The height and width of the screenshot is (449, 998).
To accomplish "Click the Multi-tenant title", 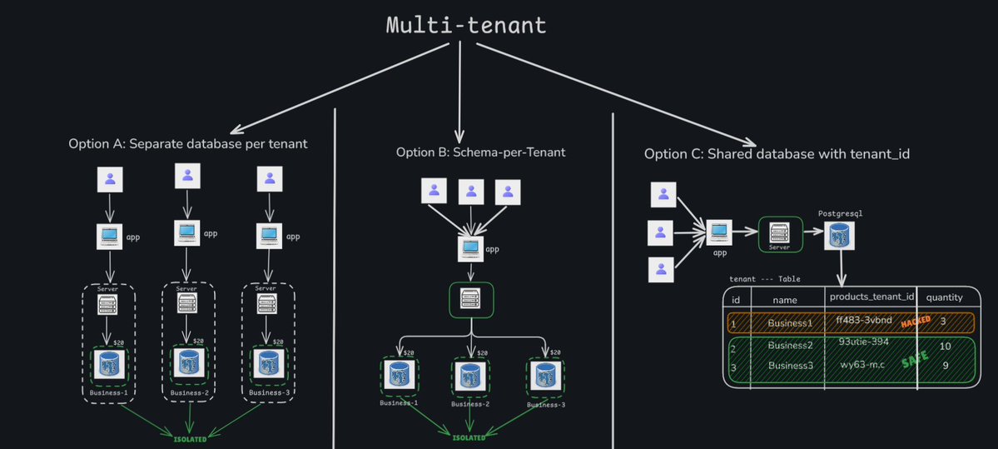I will coord(466,25).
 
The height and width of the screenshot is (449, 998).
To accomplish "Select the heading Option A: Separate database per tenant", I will coord(188,144).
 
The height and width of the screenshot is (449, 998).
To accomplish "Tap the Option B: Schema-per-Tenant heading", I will coord(480,152).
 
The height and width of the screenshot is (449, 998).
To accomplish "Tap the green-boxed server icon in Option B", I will coord(472,298).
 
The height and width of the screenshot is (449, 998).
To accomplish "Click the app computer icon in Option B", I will coord(471,248).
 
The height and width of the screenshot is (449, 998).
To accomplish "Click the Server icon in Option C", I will coord(780,234).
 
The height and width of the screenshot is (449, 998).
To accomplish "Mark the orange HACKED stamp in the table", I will coord(916,322).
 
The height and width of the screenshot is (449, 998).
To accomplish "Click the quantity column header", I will coord(945,297).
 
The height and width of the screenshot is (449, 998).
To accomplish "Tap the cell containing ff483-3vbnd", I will coord(863,321).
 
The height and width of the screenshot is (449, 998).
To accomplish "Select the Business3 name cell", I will coord(791,366).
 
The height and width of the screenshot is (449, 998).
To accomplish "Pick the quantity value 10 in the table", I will coord(945,346).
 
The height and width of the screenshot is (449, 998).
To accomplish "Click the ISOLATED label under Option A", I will coord(190,438).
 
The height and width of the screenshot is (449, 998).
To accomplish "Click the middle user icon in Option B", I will coord(471,192).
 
